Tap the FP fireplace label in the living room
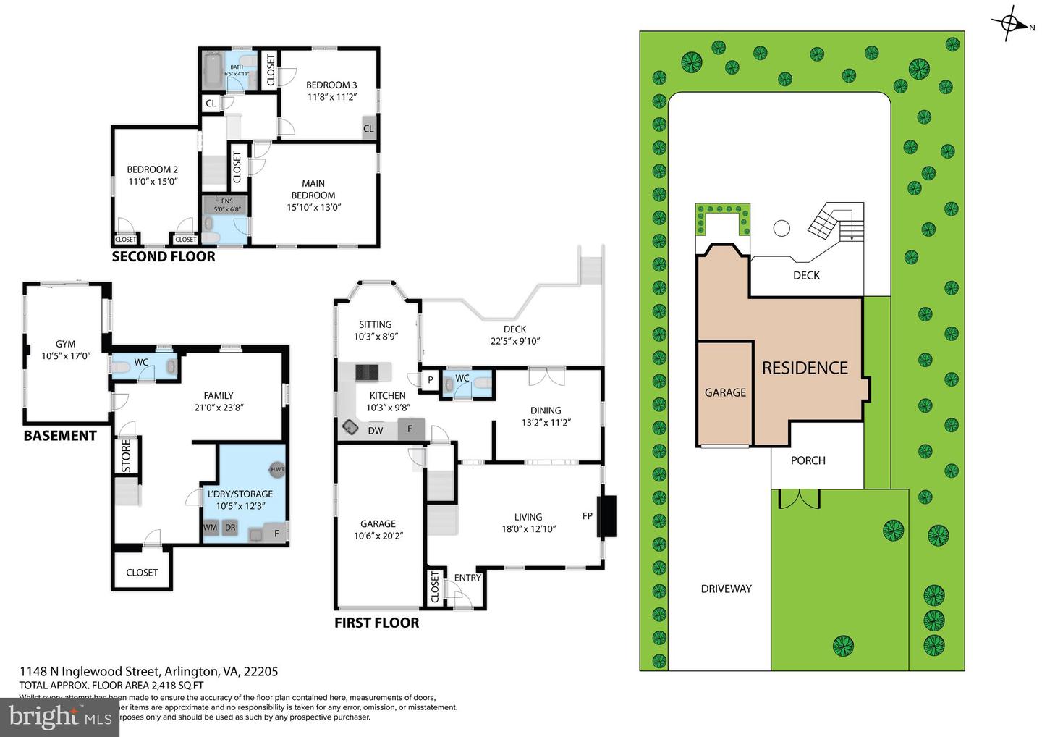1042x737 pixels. pos(587,516)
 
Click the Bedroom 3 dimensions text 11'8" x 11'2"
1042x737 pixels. pos(331,96)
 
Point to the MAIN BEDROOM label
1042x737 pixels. pos(313,189)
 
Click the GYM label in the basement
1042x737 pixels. pos(65,345)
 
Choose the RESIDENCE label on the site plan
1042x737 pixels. pos(804,368)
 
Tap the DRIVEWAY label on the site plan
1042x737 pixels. pos(726,589)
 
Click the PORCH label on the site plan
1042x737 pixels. pos(808,460)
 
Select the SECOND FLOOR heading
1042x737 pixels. pos(164,256)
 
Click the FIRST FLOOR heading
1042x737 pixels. pos(376,623)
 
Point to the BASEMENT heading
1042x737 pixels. pos(60,436)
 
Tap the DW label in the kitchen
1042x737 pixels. pos(376,431)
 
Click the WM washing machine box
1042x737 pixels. pos(210,528)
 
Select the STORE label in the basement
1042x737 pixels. pos(126,456)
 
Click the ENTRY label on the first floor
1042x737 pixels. pos(467,578)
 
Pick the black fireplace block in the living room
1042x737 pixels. pos(606,516)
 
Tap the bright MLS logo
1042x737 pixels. pos(59,717)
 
